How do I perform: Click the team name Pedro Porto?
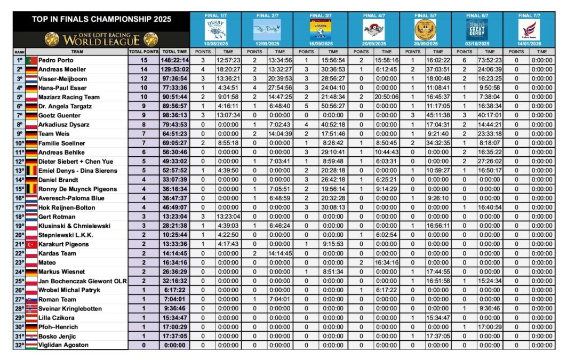(x=53, y=60)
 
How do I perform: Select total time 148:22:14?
(x=175, y=60)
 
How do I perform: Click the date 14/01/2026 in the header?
(x=530, y=43)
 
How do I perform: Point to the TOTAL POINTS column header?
(x=144, y=51)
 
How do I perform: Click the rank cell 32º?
(x=19, y=345)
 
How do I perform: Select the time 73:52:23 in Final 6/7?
(x=489, y=60)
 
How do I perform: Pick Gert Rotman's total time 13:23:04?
(x=175, y=217)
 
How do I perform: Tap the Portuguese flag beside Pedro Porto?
(x=31, y=60)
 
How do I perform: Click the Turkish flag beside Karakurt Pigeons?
(x=31, y=244)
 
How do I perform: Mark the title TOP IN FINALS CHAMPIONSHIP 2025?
(x=101, y=19)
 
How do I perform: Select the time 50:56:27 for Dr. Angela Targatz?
(x=332, y=106)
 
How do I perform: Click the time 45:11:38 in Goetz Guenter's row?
(x=437, y=115)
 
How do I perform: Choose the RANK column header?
(x=19, y=51)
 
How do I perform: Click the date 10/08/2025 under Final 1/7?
(x=215, y=43)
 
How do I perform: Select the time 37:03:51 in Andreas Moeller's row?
(x=437, y=69)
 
